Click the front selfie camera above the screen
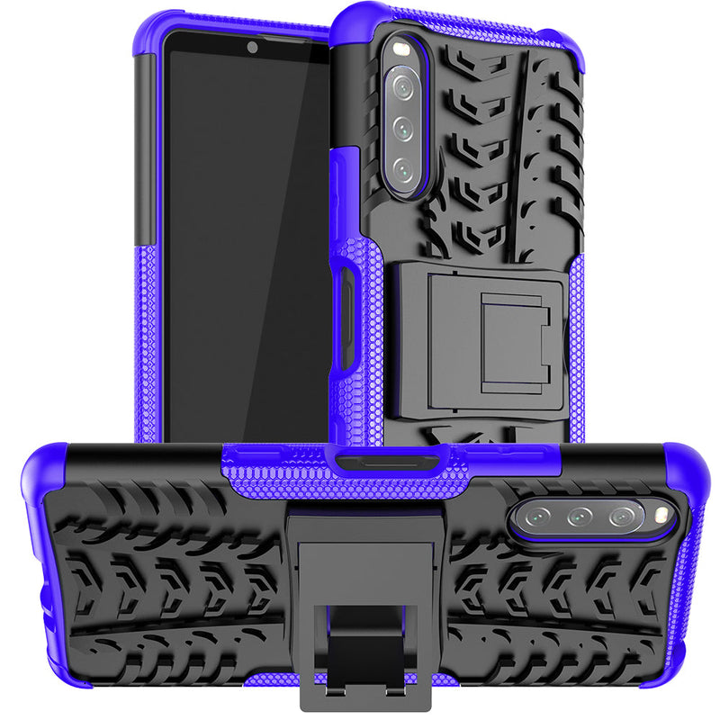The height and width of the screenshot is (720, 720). tap(253, 48)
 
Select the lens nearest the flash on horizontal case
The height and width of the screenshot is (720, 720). tap(622, 516)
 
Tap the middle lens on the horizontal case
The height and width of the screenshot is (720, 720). tap(579, 517)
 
